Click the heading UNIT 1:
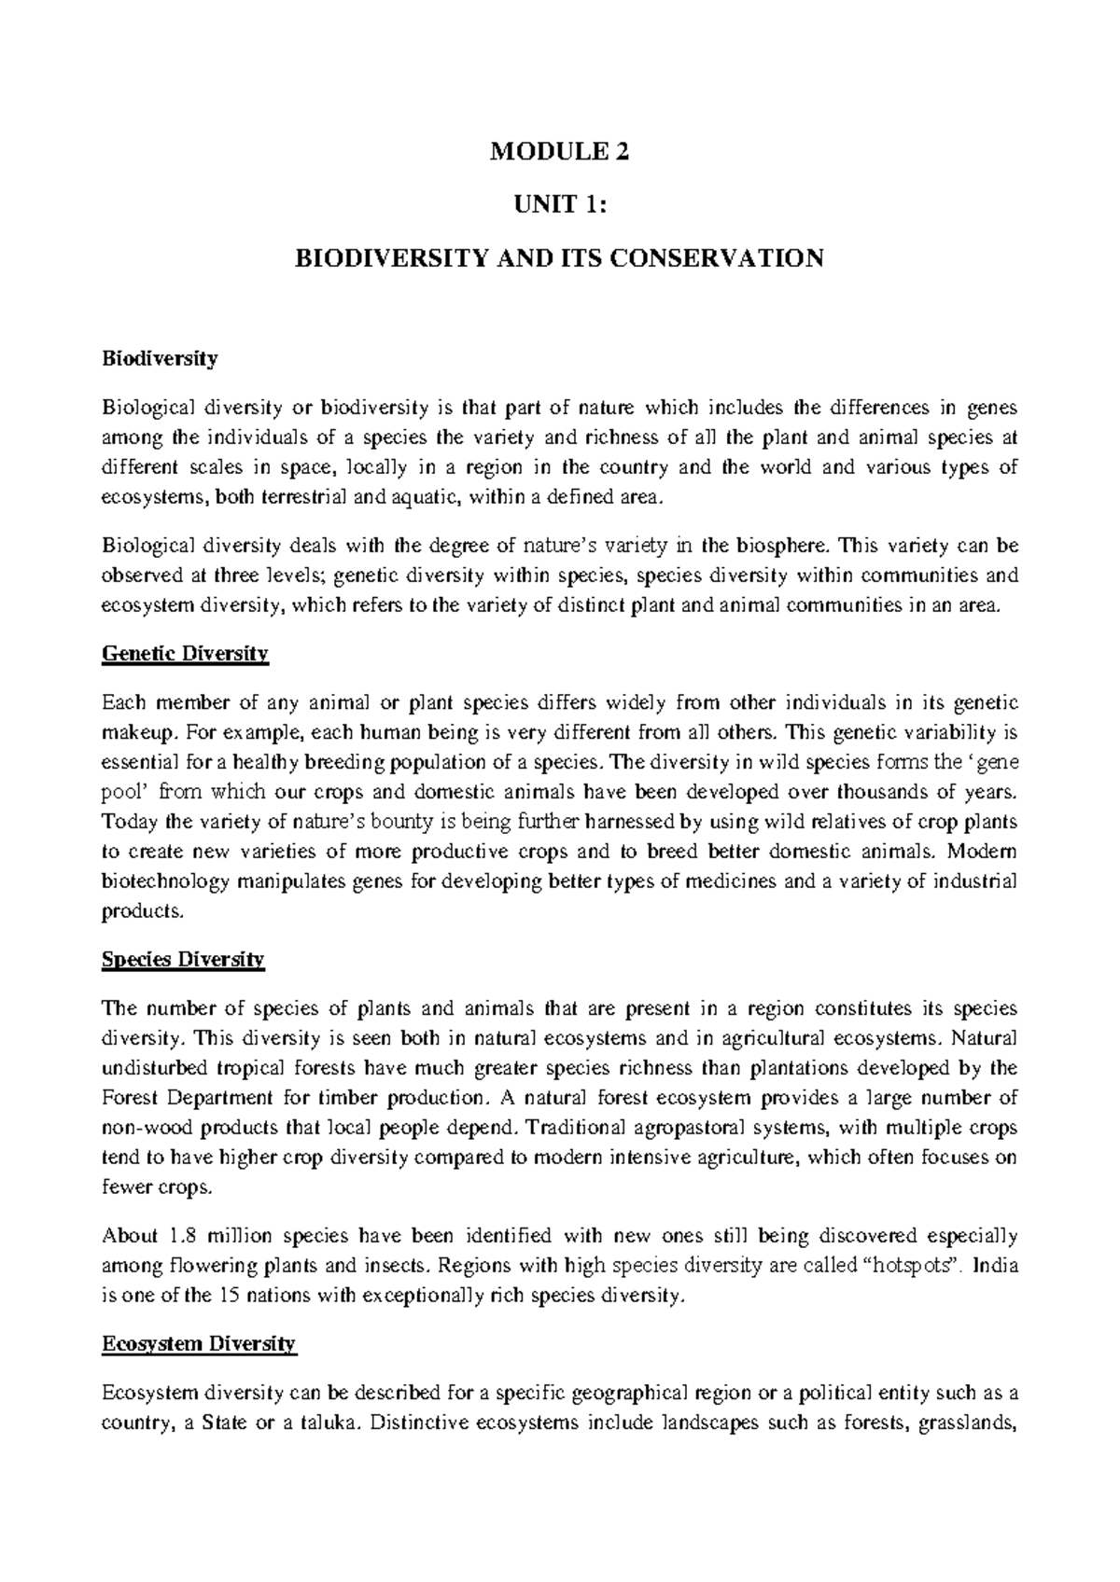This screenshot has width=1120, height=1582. click(x=560, y=206)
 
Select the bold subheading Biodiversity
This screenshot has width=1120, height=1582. click(x=160, y=358)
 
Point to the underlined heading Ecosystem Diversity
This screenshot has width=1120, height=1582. click(x=198, y=1344)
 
